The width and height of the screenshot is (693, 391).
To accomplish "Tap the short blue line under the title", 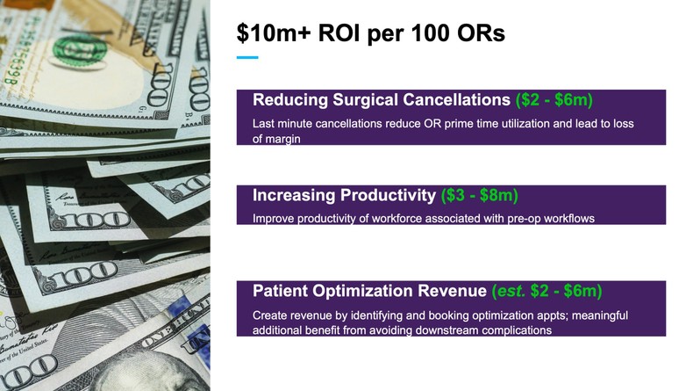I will coord(247,58).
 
